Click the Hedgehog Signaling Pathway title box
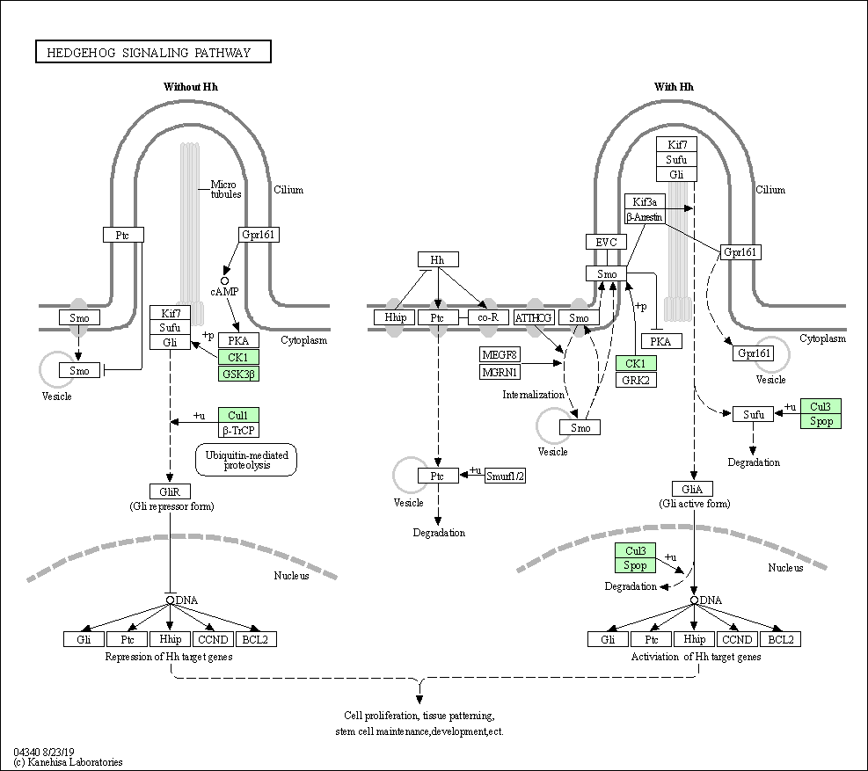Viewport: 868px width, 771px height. (x=153, y=52)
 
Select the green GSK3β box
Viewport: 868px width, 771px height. (x=238, y=374)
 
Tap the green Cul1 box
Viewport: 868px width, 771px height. (x=238, y=415)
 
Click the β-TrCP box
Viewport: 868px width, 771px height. (x=238, y=430)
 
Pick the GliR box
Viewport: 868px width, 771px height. (x=170, y=491)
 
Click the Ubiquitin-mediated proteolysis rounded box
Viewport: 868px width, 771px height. (x=246, y=460)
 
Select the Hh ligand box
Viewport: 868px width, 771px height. (x=438, y=259)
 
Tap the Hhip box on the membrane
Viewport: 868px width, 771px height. (x=395, y=317)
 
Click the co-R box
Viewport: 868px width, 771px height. (x=488, y=317)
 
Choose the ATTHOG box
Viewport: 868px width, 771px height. (x=534, y=317)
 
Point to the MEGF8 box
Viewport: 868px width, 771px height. (x=500, y=355)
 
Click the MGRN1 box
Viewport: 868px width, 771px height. (x=500, y=372)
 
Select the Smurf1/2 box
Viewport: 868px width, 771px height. (x=506, y=476)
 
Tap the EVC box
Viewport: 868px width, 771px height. (x=606, y=242)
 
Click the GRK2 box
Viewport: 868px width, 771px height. (x=636, y=380)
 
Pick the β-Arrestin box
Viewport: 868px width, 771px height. (x=645, y=217)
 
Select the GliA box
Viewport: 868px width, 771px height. (x=692, y=490)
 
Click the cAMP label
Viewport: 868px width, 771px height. (x=224, y=292)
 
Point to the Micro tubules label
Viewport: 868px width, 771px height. (x=226, y=189)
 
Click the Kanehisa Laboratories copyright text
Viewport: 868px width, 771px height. (x=68, y=762)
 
